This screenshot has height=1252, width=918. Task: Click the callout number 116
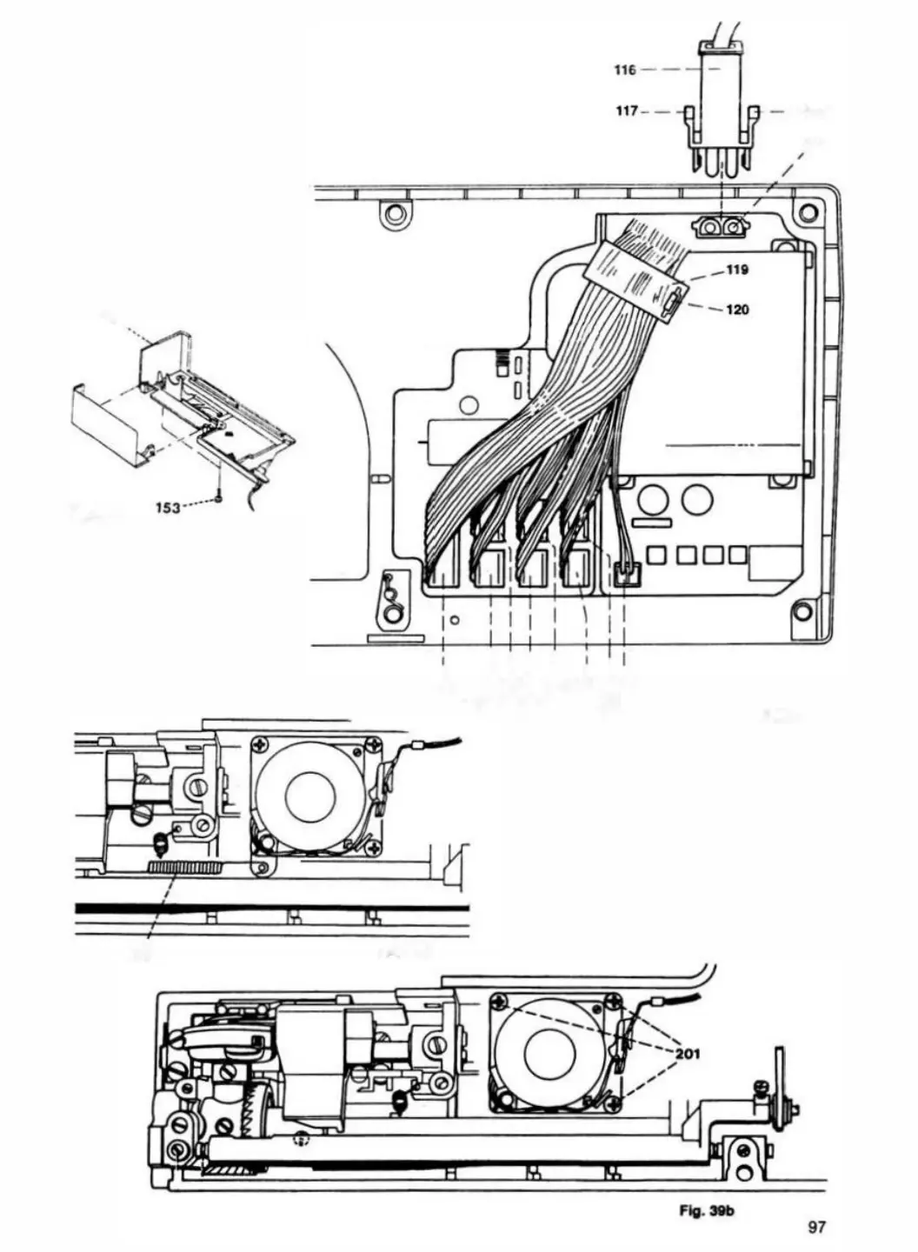[624, 70]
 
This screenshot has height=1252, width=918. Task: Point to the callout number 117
[627, 111]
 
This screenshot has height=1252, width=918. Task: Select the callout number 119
[736, 270]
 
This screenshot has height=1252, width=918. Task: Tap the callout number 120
[736, 310]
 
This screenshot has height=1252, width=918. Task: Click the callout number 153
[168, 508]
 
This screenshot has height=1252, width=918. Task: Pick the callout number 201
[687, 1054]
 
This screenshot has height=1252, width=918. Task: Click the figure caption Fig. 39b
[707, 1209]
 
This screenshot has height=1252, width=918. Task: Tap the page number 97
[815, 1227]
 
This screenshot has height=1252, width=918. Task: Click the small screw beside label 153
[221, 498]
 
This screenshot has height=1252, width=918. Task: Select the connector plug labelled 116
[721, 96]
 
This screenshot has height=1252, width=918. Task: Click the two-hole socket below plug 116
[721, 228]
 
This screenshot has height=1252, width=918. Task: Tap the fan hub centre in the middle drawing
[310, 795]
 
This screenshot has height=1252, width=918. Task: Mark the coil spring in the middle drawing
[160, 842]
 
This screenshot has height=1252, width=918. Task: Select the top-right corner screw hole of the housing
[808, 211]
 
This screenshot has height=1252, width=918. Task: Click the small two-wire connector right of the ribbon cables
[625, 573]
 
